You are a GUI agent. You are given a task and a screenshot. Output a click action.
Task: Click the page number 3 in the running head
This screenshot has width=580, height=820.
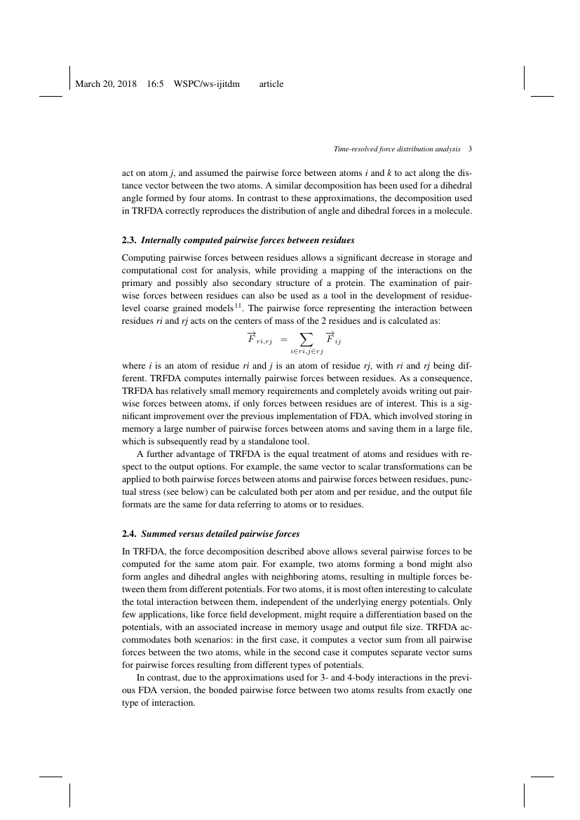pyautogui.click(x=469, y=149)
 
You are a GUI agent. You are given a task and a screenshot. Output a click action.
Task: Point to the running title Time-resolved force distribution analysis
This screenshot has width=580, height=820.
pyautogui.click(x=396, y=149)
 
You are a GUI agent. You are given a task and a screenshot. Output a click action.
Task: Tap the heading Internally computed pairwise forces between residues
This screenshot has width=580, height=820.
pyautogui.click(x=248, y=240)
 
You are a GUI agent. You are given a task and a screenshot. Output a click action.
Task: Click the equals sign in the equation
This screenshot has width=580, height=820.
pyautogui.click(x=284, y=340)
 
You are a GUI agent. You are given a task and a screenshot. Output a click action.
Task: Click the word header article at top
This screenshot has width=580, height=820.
pyautogui.click(x=271, y=84)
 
